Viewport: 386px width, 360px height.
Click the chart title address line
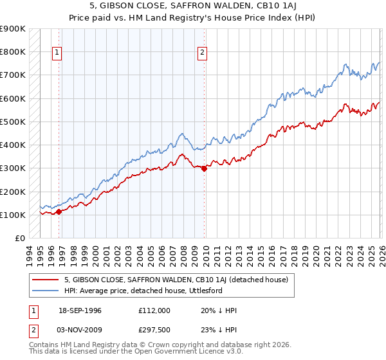[193, 6]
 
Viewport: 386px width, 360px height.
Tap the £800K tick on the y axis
[13, 51]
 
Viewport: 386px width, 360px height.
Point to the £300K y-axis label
[13, 168]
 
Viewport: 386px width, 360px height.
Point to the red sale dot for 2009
[204, 169]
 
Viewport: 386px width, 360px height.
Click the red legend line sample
[45, 280]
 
